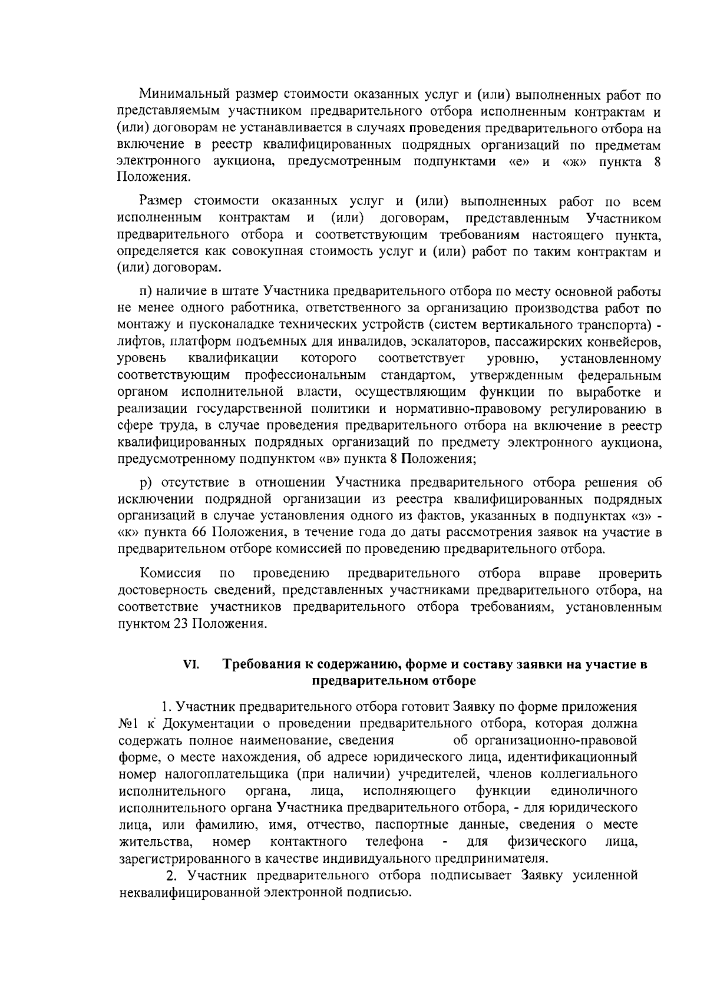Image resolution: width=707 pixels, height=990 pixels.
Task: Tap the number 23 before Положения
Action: point(181,624)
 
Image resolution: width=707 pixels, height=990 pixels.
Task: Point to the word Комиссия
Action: point(171,574)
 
